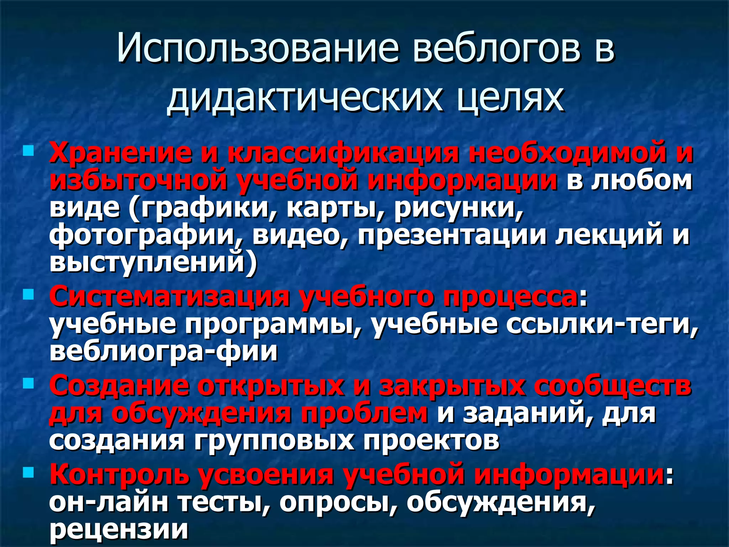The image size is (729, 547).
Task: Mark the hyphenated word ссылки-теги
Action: (602, 324)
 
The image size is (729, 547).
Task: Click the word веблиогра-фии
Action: (164, 351)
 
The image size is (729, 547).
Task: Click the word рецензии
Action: (119, 529)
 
